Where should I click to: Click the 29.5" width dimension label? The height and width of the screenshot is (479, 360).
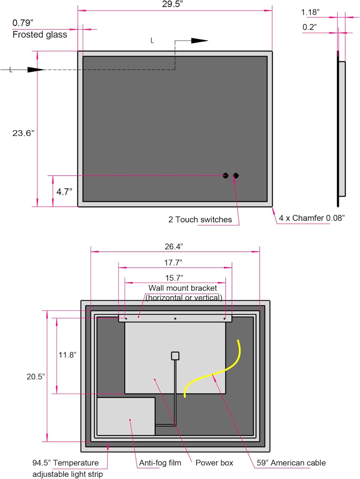(x=172, y=4)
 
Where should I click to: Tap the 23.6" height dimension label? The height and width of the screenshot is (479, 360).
(x=23, y=133)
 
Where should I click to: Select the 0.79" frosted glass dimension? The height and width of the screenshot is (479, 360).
(x=23, y=23)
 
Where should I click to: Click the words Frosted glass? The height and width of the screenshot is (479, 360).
(x=40, y=34)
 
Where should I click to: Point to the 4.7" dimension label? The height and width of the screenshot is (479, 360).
(x=64, y=192)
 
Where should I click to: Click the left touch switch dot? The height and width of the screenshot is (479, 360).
(x=226, y=175)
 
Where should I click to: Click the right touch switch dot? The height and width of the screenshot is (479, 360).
(x=236, y=175)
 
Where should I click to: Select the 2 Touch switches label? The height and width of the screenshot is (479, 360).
(x=200, y=220)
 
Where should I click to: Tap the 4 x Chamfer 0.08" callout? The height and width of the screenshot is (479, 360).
(x=311, y=218)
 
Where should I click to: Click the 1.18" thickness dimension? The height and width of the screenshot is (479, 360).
(x=310, y=12)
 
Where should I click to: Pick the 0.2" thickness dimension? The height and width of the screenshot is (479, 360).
(x=310, y=27)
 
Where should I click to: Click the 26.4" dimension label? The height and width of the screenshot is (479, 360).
(x=174, y=247)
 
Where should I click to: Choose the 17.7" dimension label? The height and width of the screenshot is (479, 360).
(x=173, y=262)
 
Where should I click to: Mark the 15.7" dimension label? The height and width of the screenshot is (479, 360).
(x=174, y=278)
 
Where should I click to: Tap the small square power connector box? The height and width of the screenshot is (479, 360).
(x=175, y=356)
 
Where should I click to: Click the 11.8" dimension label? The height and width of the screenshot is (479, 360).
(x=67, y=355)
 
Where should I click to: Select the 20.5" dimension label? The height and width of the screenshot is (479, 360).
(x=35, y=376)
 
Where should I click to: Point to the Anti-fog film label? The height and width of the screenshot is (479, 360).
(x=160, y=463)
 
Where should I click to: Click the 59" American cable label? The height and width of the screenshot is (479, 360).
(x=291, y=463)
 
